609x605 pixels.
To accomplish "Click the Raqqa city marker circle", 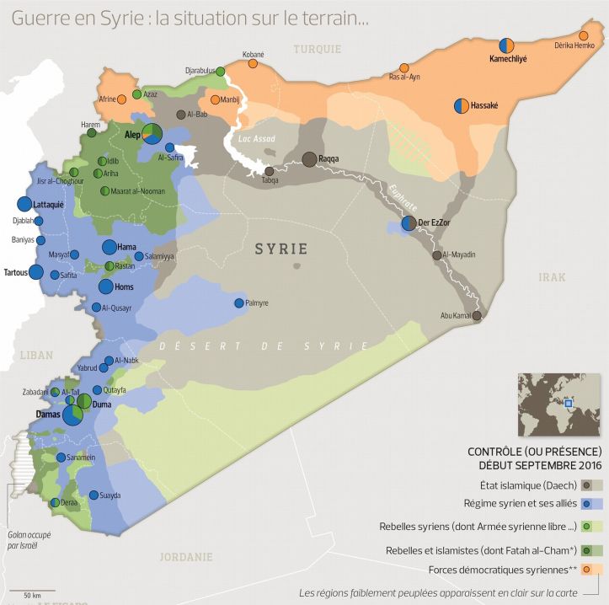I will (309, 159).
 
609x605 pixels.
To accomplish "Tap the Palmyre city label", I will (256, 303).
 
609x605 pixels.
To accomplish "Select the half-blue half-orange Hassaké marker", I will (462, 105).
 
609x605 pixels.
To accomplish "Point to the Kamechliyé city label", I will (508, 60).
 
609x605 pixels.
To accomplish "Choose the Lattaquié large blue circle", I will (24, 204).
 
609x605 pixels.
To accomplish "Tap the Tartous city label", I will (15, 272).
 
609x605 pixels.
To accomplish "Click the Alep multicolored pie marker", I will (152, 133).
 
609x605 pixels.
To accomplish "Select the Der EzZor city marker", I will (409, 223).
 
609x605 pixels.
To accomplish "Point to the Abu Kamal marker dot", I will (477, 316).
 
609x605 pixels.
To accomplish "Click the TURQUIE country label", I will (317, 49).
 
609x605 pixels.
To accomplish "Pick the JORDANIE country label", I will (187, 556).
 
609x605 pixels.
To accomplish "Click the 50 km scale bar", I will (34, 589).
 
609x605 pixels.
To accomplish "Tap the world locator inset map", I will (558, 404).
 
